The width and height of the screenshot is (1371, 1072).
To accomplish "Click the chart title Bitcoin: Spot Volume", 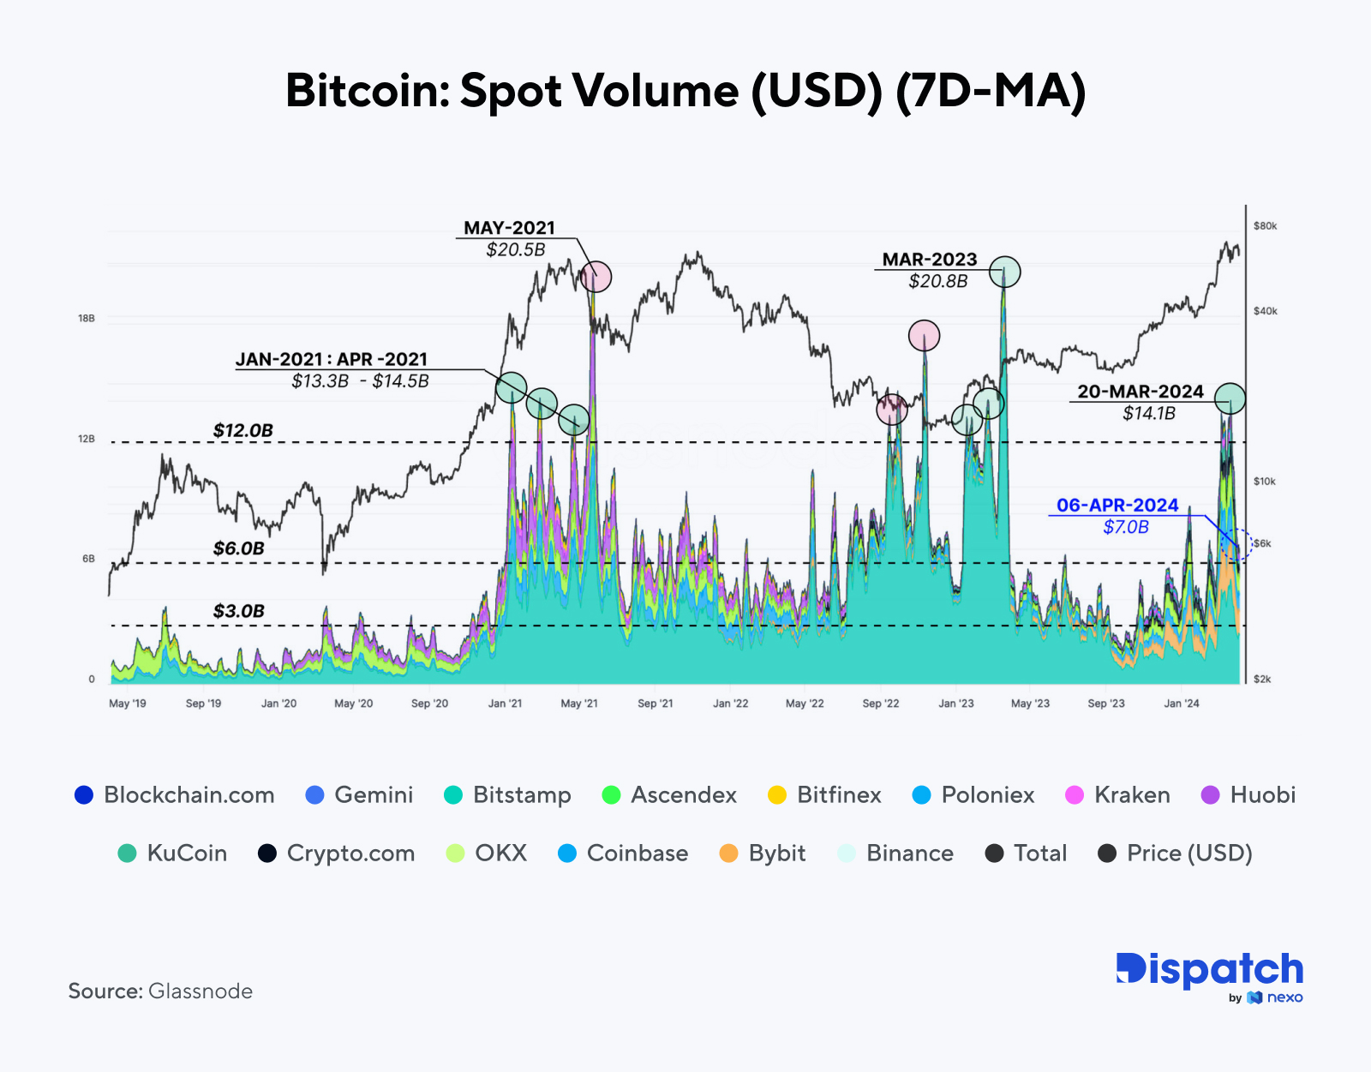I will pos(685,90).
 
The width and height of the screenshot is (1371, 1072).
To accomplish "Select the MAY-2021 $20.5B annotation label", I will pos(510,238).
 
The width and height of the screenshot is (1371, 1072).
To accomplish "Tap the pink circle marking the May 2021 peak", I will pos(595,277).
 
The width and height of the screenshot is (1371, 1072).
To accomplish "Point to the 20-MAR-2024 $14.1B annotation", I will pos(1141,402).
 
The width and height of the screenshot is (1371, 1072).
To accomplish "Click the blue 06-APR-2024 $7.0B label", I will pos(1117,515).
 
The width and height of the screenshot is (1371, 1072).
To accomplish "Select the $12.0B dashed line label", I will pos(242,430).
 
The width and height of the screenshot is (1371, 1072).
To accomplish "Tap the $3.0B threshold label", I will pos(238,611).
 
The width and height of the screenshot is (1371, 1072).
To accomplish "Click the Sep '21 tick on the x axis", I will pos(655,704).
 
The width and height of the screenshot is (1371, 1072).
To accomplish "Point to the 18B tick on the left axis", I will pos(87,318).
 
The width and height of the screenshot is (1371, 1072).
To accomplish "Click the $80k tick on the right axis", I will pos(1265,226).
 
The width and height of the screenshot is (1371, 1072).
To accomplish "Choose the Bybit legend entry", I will pos(763,853).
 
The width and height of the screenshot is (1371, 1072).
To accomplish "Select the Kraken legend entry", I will pos(1117,795).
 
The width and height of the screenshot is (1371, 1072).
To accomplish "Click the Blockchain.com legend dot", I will pos(83,795).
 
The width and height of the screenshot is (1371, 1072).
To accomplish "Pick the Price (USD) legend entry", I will pos(1175,853).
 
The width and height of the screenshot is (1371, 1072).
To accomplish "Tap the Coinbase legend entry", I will pos(623,853).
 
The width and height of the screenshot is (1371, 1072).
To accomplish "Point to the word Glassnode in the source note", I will pos(201,991).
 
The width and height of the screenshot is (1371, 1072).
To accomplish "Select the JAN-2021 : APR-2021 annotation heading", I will pos(331,359).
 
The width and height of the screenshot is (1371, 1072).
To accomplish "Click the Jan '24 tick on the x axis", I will pos(1182,704).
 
